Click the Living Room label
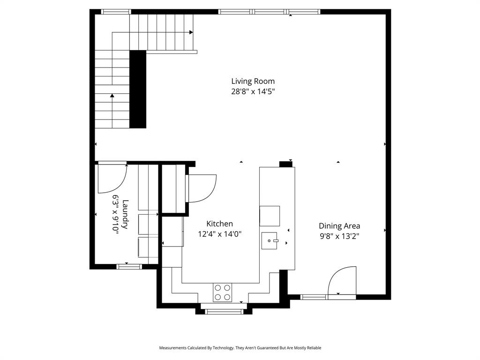click(253, 81)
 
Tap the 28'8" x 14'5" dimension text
click(253, 92)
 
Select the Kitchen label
click(219, 224)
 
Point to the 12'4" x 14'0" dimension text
click(219, 234)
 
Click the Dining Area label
click(339, 226)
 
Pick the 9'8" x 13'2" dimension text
click(339, 236)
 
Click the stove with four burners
click(223, 292)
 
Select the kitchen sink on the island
click(270, 241)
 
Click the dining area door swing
click(341, 281)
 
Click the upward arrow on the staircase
click(112, 96)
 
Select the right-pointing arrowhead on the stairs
click(191, 32)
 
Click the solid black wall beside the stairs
click(137, 89)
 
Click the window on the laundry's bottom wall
click(129, 267)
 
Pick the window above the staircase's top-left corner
click(116, 12)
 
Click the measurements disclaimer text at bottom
click(240, 348)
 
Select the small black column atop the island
click(285, 164)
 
